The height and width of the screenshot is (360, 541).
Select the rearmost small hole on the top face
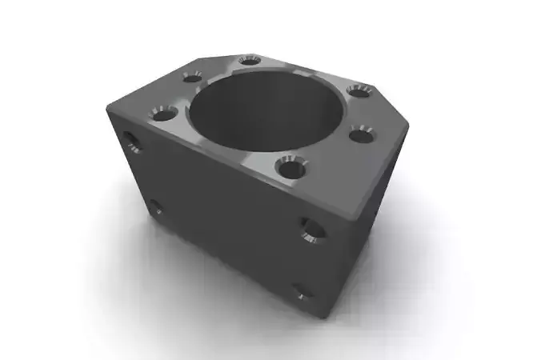click(250, 61)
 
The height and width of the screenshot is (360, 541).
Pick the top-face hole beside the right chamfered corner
click(358, 90)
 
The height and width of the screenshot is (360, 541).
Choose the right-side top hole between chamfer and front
click(363, 133)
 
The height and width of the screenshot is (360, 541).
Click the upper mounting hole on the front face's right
click(314, 230)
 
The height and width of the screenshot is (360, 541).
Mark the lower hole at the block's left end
click(156, 208)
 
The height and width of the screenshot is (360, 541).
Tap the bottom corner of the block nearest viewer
click(324, 316)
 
